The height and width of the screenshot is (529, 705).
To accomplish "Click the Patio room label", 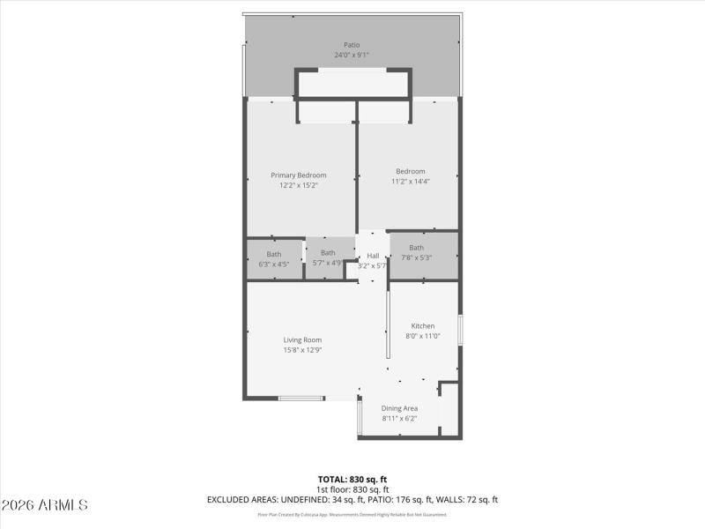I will coord(352,44).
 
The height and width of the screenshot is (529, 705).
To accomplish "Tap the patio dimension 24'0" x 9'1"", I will coord(352,55).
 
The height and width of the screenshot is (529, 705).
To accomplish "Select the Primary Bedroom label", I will coord(298,175).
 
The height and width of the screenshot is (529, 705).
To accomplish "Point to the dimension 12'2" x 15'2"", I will coord(298,185).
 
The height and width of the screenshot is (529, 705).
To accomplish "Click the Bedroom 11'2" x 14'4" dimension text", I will coord(410,182).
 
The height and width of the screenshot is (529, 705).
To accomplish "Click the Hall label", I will coord(373,256).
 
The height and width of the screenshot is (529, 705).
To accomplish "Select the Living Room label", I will coord(302,339).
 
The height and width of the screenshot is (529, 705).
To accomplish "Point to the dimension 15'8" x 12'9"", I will coord(302,350).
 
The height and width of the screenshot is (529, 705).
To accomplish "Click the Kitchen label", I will coord(423,325).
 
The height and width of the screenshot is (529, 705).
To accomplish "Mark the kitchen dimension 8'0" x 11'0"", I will coord(423,336).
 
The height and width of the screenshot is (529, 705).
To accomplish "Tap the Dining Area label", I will coord(399,408).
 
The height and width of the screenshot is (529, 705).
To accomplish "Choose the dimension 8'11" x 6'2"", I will coord(399,419).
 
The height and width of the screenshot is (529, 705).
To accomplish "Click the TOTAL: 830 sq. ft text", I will coord(352,480).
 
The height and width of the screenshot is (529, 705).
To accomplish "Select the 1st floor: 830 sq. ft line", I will coord(352,489).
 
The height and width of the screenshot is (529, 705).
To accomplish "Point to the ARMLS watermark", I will coord(44,505).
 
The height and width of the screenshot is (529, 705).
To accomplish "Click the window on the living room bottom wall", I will coord(301,399).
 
